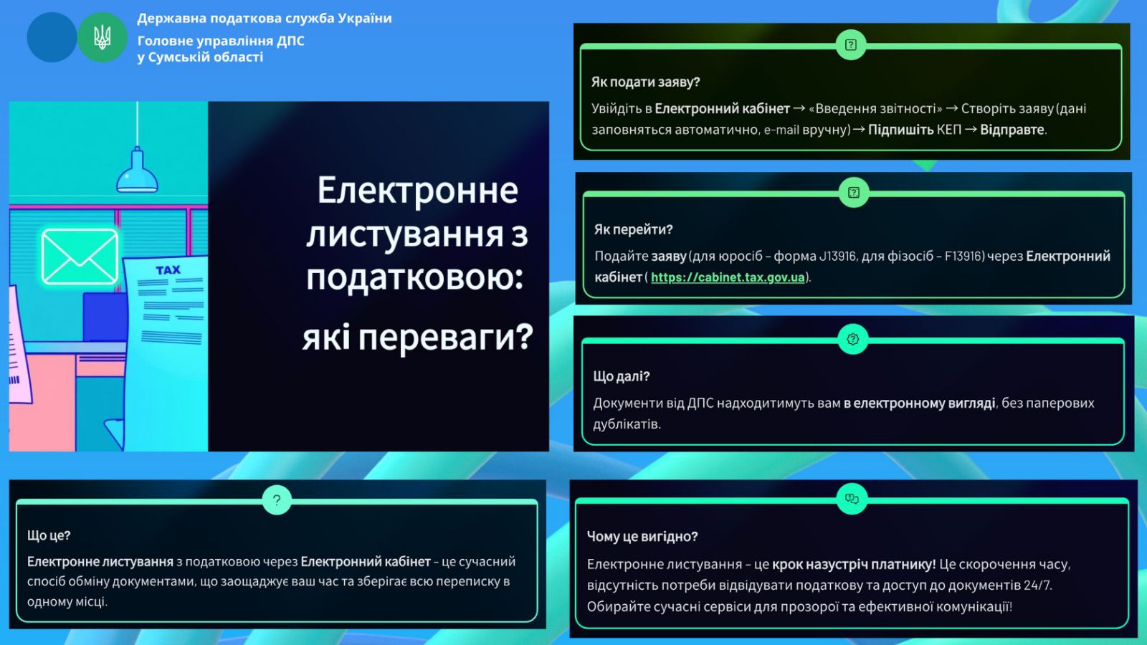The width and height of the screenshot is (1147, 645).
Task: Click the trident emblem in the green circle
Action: (x=103, y=37)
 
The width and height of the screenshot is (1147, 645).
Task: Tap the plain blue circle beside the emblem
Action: (x=52, y=37)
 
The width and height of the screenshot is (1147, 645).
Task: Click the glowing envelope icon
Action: (x=80, y=257)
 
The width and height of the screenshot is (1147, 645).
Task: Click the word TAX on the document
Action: (x=168, y=269)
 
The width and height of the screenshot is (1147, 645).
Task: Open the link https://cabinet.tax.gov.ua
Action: (x=728, y=277)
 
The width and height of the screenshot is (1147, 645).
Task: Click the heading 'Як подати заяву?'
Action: (x=645, y=82)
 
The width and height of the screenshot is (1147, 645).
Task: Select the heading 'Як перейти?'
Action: (x=634, y=229)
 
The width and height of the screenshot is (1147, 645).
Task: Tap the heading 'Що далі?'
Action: (x=621, y=376)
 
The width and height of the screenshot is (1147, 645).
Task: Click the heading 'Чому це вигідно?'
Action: (x=642, y=537)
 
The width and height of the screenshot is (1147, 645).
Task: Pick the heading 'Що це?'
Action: (x=49, y=535)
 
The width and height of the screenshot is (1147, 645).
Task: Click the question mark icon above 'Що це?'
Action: (x=277, y=500)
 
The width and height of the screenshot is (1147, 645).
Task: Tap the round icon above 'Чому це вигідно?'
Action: (x=852, y=499)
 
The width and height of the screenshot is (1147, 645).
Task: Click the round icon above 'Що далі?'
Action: (x=852, y=340)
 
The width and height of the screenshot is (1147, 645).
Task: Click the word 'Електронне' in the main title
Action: (x=418, y=191)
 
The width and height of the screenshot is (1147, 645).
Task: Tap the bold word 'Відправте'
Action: (x=1012, y=130)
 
